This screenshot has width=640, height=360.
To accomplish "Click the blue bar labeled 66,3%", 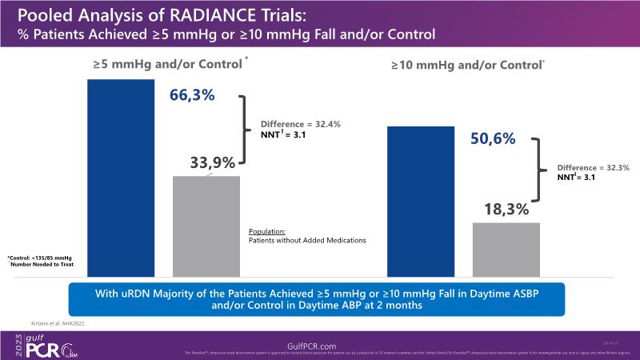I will click(121, 176).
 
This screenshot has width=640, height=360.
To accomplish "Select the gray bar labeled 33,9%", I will click(206, 225).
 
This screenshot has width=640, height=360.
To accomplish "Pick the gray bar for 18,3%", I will click(506, 248).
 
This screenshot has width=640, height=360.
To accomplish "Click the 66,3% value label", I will click(192, 95).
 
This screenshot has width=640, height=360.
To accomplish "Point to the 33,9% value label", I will click(212, 162).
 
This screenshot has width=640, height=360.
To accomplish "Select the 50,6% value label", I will click(492, 139).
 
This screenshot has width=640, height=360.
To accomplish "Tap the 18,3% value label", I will click(506, 210).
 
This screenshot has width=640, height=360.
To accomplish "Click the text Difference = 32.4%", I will click(301, 124).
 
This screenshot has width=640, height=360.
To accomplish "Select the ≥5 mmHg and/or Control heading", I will click(168, 64).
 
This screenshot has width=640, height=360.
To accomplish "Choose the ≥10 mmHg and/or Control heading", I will click(466, 64).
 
